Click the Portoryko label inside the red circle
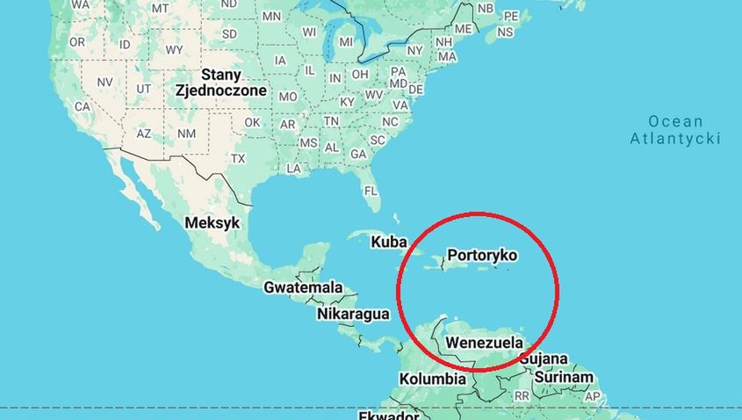click(x=482, y=256)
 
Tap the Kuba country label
click(x=388, y=242)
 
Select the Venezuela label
click(x=485, y=343)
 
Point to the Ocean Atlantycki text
click(x=675, y=130)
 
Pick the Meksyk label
click(x=212, y=223)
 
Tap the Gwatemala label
click(x=303, y=287)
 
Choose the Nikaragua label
click(x=352, y=314)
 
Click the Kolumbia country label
click(x=432, y=380)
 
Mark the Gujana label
click(x=544, y=359)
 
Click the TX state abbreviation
click(x=238, y=159)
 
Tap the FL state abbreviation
click(x=371, y=191)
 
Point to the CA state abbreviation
click(x=83, y=106)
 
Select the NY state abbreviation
click(x=414, y=50)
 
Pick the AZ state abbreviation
click(x=144, y=134)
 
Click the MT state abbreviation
click(x=160, y=8)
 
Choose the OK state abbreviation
click(x=252, y=122)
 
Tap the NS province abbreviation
click(x=505, y=32)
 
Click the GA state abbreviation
click(x=357, y=154)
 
